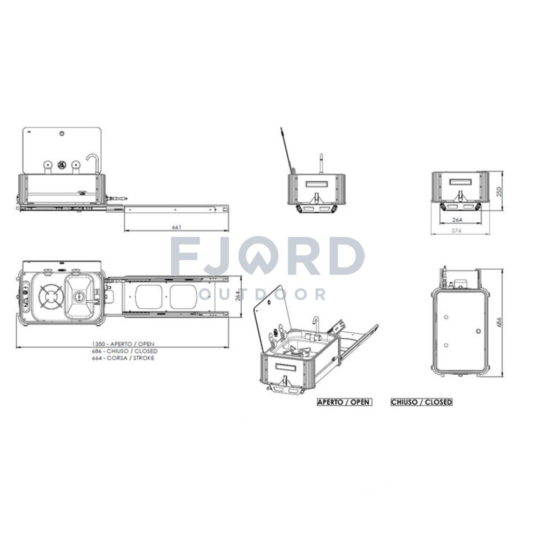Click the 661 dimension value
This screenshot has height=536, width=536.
176,227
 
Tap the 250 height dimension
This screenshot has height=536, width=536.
498,191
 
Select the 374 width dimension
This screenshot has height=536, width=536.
456,230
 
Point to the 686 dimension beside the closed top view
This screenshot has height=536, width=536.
498,323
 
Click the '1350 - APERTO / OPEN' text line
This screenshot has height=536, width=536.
123,344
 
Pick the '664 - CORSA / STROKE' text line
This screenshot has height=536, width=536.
123,358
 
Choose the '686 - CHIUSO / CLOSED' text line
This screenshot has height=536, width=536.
125,351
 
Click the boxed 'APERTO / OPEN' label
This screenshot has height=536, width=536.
345,402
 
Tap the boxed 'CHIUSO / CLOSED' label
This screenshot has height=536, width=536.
421,402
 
